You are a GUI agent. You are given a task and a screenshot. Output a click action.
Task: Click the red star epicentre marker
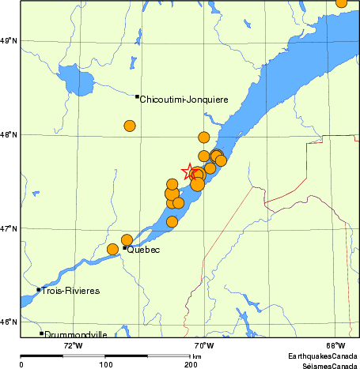pos(191,171)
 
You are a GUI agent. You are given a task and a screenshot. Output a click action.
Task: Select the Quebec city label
pos(144,250)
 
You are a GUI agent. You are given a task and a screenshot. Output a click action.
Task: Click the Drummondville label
pos(76,335)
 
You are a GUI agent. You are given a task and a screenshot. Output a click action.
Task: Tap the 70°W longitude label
pos(204,345)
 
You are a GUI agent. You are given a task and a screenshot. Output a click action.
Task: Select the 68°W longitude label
pos(335,345)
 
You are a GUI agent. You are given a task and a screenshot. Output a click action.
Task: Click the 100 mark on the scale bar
pos(106,364)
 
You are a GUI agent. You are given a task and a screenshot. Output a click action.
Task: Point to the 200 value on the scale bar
pos(191,364)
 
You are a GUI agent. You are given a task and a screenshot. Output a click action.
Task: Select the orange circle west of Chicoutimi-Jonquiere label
pos(130,126)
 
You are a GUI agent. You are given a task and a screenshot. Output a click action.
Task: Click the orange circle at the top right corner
pos(341,2)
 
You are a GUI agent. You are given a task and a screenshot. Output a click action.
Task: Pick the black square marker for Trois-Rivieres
pos(38,289)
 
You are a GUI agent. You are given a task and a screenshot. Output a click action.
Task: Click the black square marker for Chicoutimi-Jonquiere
pos(138,96)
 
